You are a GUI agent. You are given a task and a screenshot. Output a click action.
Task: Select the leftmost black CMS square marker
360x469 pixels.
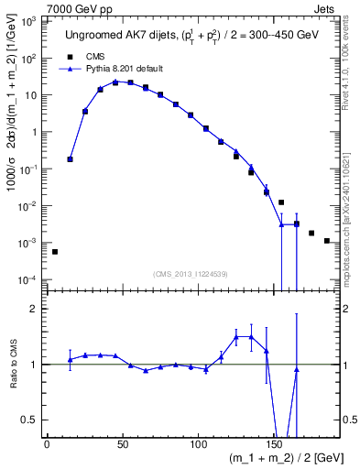click(55, 251)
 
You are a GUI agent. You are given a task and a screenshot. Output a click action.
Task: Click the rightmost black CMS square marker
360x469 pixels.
click(326, 241)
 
